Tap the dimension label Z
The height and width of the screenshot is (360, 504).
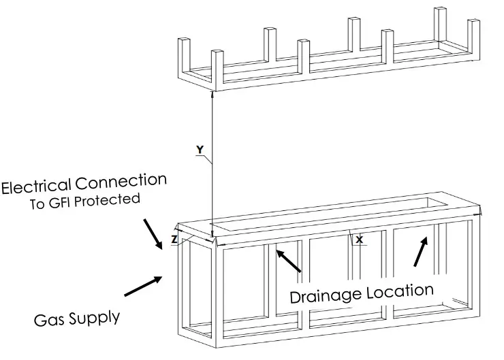click(x=175, y=240)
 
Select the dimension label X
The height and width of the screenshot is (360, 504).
click(x=360, y=240)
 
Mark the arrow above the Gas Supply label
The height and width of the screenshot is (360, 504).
click(x=143, y=286)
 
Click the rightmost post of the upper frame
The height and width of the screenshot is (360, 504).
click(x=473, y=37)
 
